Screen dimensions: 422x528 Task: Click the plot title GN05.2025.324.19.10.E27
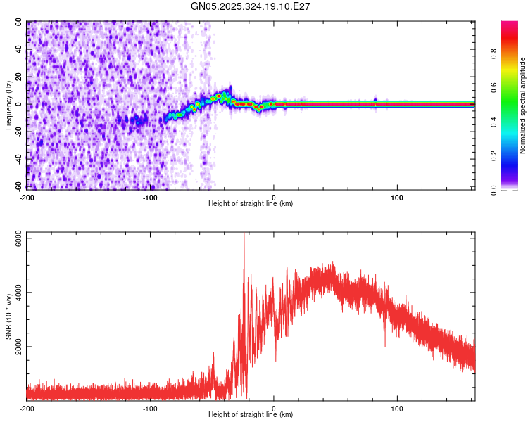[251, 6]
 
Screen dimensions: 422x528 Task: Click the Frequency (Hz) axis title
[8, 105]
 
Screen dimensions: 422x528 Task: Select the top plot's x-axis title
[251, 203]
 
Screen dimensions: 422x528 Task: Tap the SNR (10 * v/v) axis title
[8, 316]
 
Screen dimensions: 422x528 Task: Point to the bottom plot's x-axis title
[251, 414]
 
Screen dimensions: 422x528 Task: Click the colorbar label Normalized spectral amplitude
[522, 105]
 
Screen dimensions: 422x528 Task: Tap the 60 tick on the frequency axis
[19, 23]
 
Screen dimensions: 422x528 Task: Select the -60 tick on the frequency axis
[18, 186]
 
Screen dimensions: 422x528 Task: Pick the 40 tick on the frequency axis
[19, 50]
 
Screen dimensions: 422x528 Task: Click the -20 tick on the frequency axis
[18, 132]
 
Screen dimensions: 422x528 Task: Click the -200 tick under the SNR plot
[27, 408]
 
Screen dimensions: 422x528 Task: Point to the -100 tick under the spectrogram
[149, 197]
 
